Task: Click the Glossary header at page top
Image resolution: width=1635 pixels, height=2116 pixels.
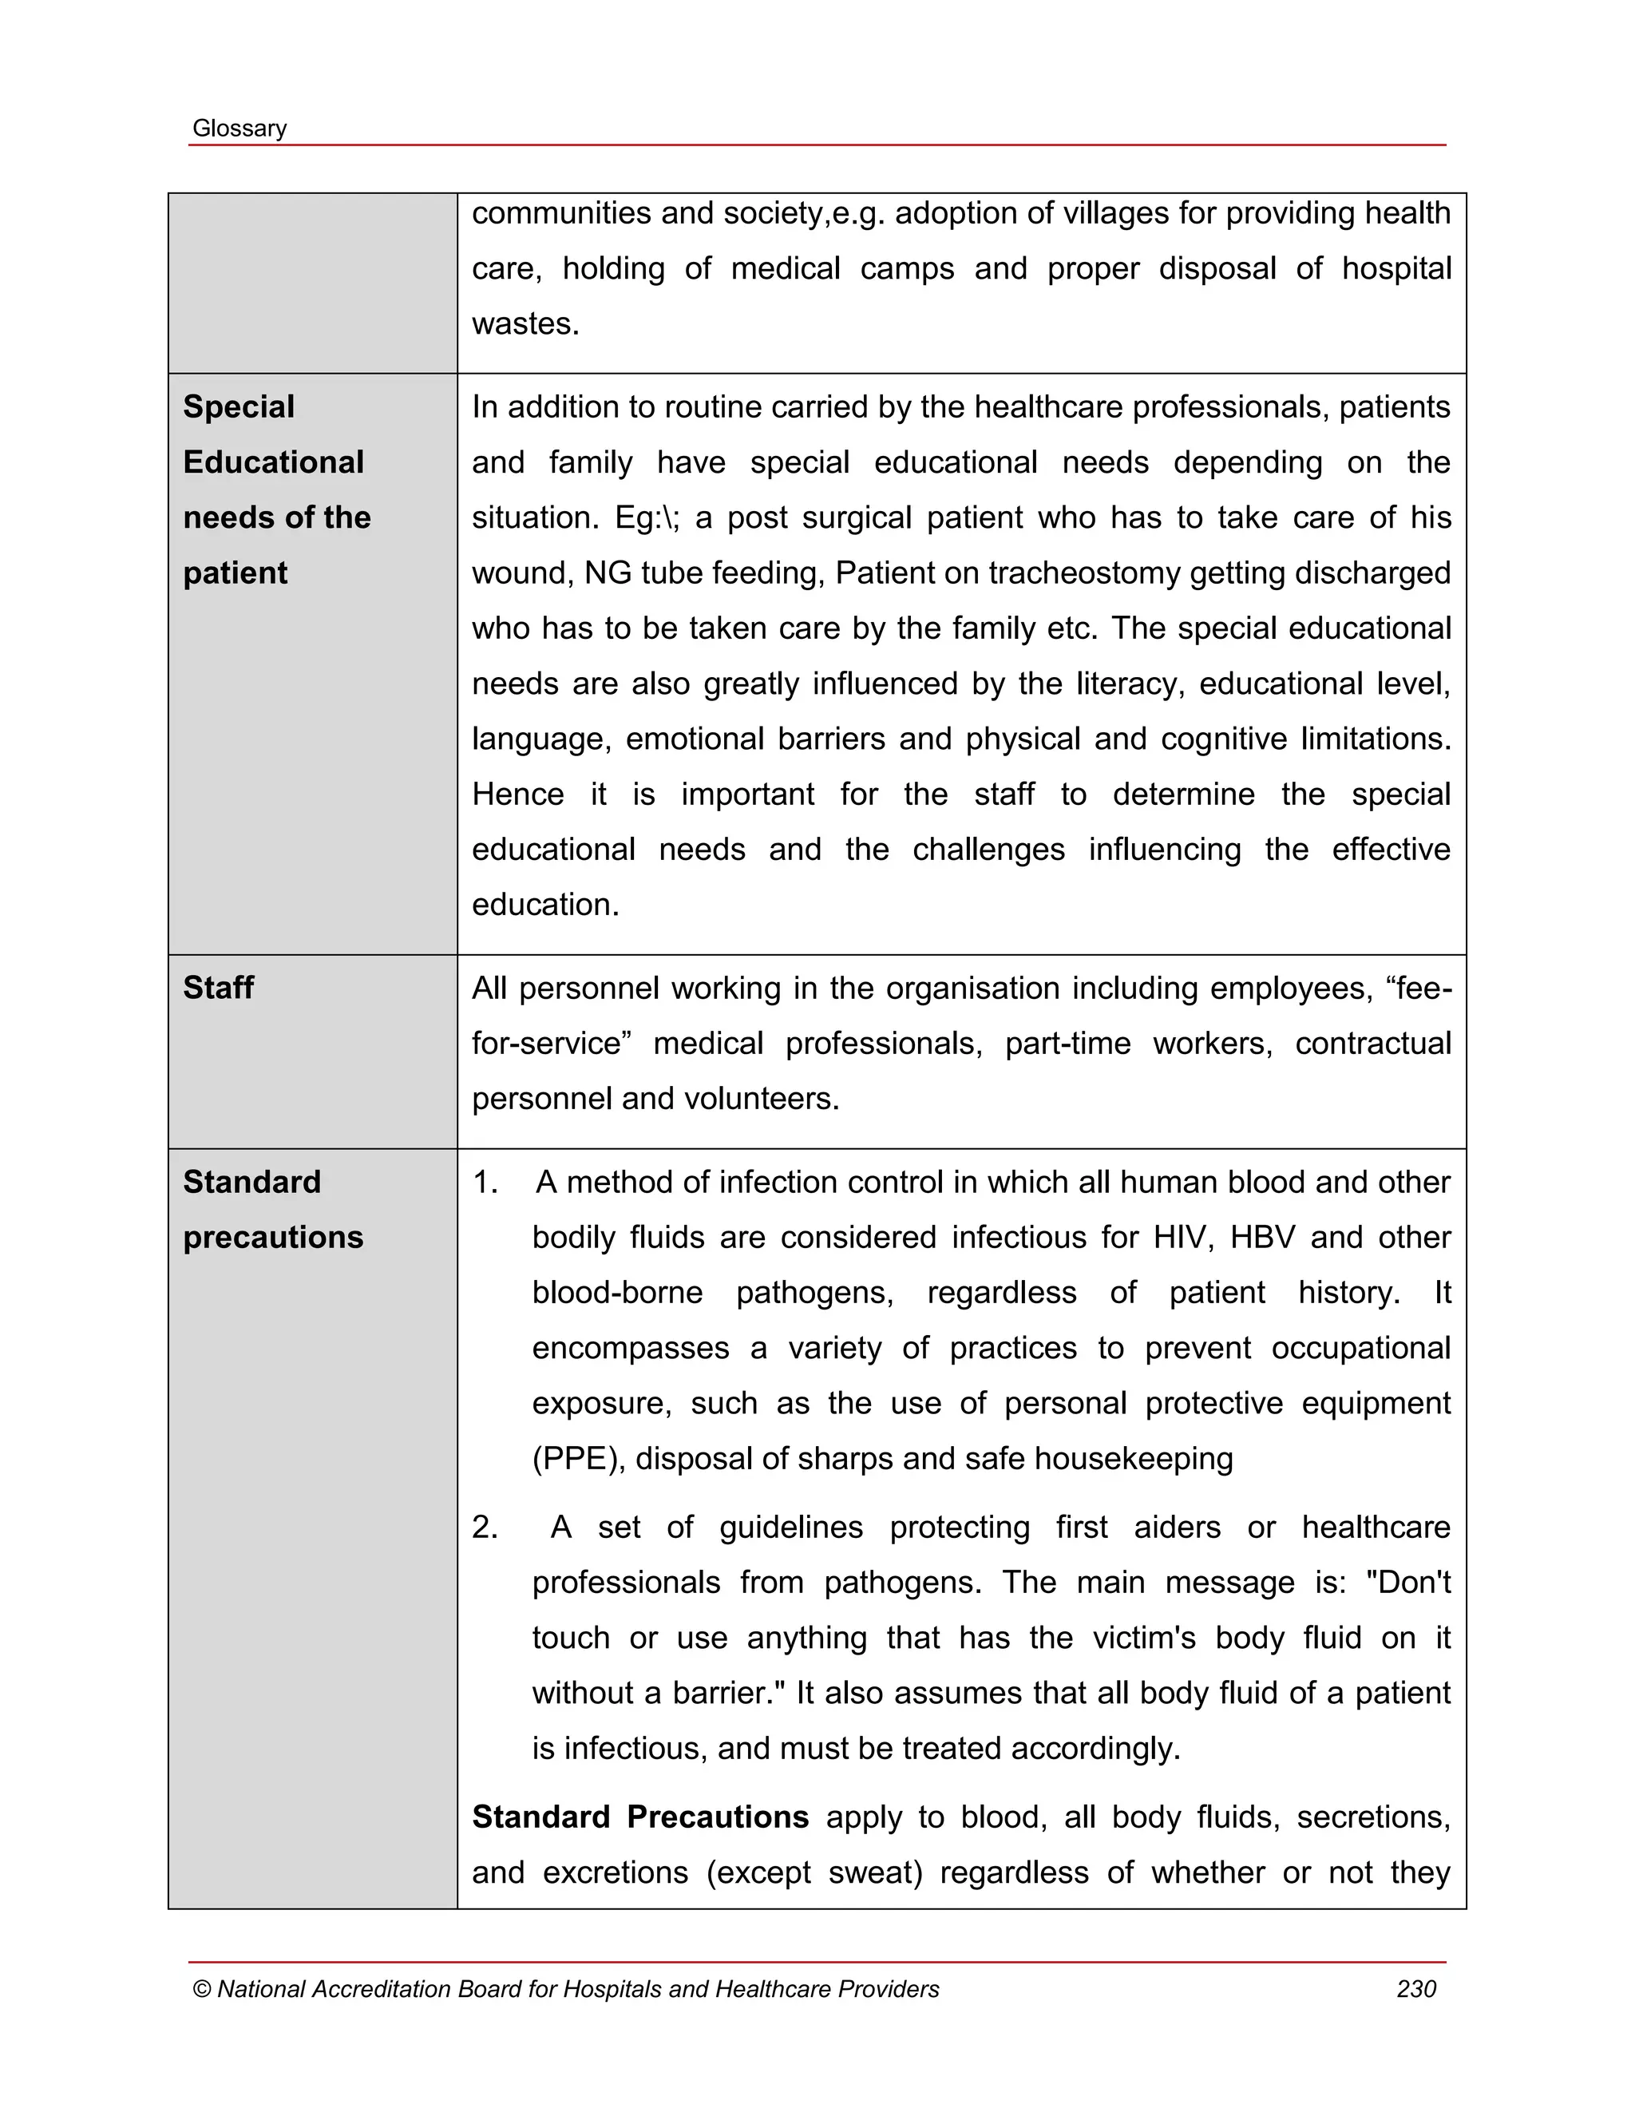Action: (240, 128)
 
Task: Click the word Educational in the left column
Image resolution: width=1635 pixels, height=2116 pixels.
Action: (273, 462)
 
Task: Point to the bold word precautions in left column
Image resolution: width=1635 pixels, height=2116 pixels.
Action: (273, 1237)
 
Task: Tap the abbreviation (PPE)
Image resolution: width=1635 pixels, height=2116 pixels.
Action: (578, 1458)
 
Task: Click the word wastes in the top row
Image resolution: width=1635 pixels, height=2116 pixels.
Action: (524, 323)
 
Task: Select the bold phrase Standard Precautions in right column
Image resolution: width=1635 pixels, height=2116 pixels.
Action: (639, 1817)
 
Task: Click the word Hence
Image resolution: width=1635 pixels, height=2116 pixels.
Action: (517, 794)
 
